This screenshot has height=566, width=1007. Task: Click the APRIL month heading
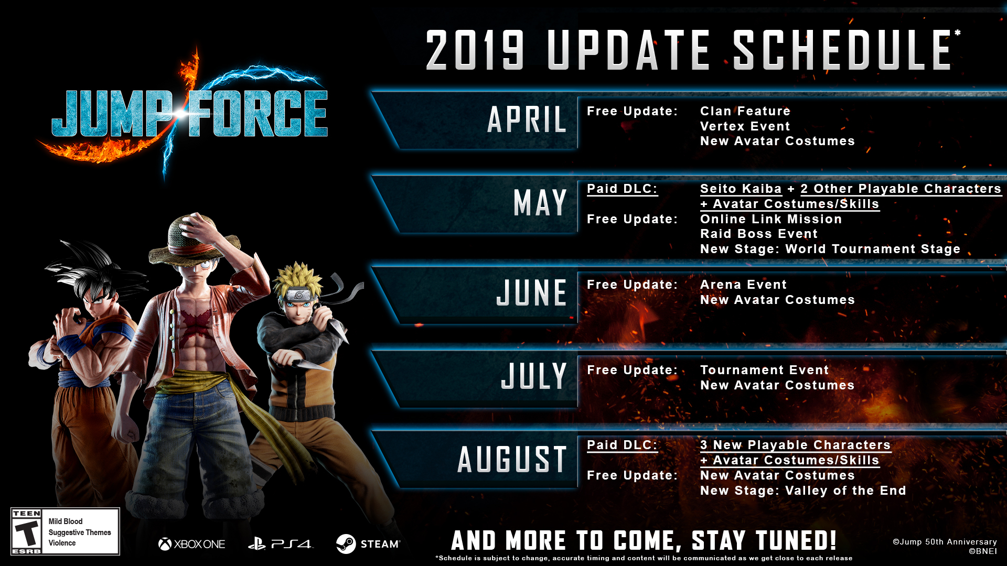[x=527, y=119]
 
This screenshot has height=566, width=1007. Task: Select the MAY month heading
[x=540, y=203]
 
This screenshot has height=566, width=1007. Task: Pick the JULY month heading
[x=533, y=376]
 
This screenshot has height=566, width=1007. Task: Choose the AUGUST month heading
[x=512, y=460]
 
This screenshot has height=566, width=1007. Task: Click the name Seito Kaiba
[x=741, y=189]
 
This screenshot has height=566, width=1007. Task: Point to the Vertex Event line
[x=745, y=126]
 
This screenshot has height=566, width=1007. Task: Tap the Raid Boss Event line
[x=758, y=234]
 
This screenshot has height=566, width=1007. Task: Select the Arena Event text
[x=743, y=285]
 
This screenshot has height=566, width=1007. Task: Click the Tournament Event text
[x=764, y=370]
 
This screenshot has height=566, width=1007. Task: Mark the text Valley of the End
[x=845, y=491]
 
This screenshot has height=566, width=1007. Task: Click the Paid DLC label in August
[x=622, y=445]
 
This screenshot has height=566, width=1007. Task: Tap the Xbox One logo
[x=191, y=544]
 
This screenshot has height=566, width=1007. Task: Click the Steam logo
[x=368, y=544]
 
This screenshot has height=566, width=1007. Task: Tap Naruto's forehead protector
[x=299, y=295]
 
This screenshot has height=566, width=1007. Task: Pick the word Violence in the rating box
[x=62, y=543]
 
